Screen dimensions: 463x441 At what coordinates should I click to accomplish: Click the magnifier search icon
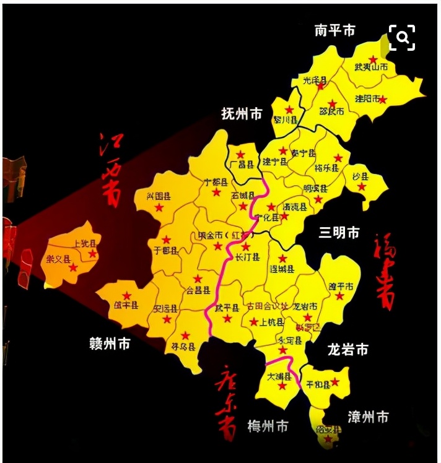coord(402,38)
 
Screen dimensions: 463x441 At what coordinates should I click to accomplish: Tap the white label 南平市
coord(334,30)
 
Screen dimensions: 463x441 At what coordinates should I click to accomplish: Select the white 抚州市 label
coord(242,114)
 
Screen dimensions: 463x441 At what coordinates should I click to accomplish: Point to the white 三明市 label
coord(339,233)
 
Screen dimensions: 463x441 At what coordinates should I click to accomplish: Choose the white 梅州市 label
coord(268,426)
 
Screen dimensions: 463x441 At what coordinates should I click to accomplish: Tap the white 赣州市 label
coord(110,344)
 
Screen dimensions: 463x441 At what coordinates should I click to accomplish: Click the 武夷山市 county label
coord(372,67)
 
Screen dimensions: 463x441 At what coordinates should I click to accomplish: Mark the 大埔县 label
coord(279,375)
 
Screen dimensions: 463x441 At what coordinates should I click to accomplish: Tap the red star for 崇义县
coord(74,267)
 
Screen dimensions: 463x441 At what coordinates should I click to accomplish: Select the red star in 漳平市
coord(339,296)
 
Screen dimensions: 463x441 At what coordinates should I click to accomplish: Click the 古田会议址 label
coord(268,306)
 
